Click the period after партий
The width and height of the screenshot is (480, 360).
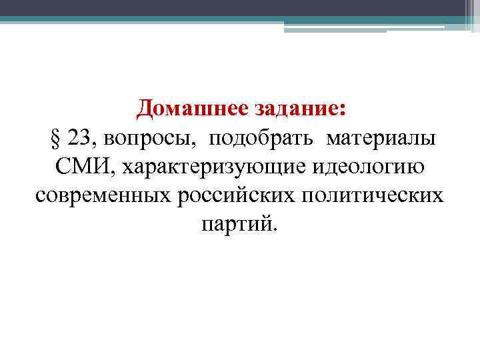click(271, 228)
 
